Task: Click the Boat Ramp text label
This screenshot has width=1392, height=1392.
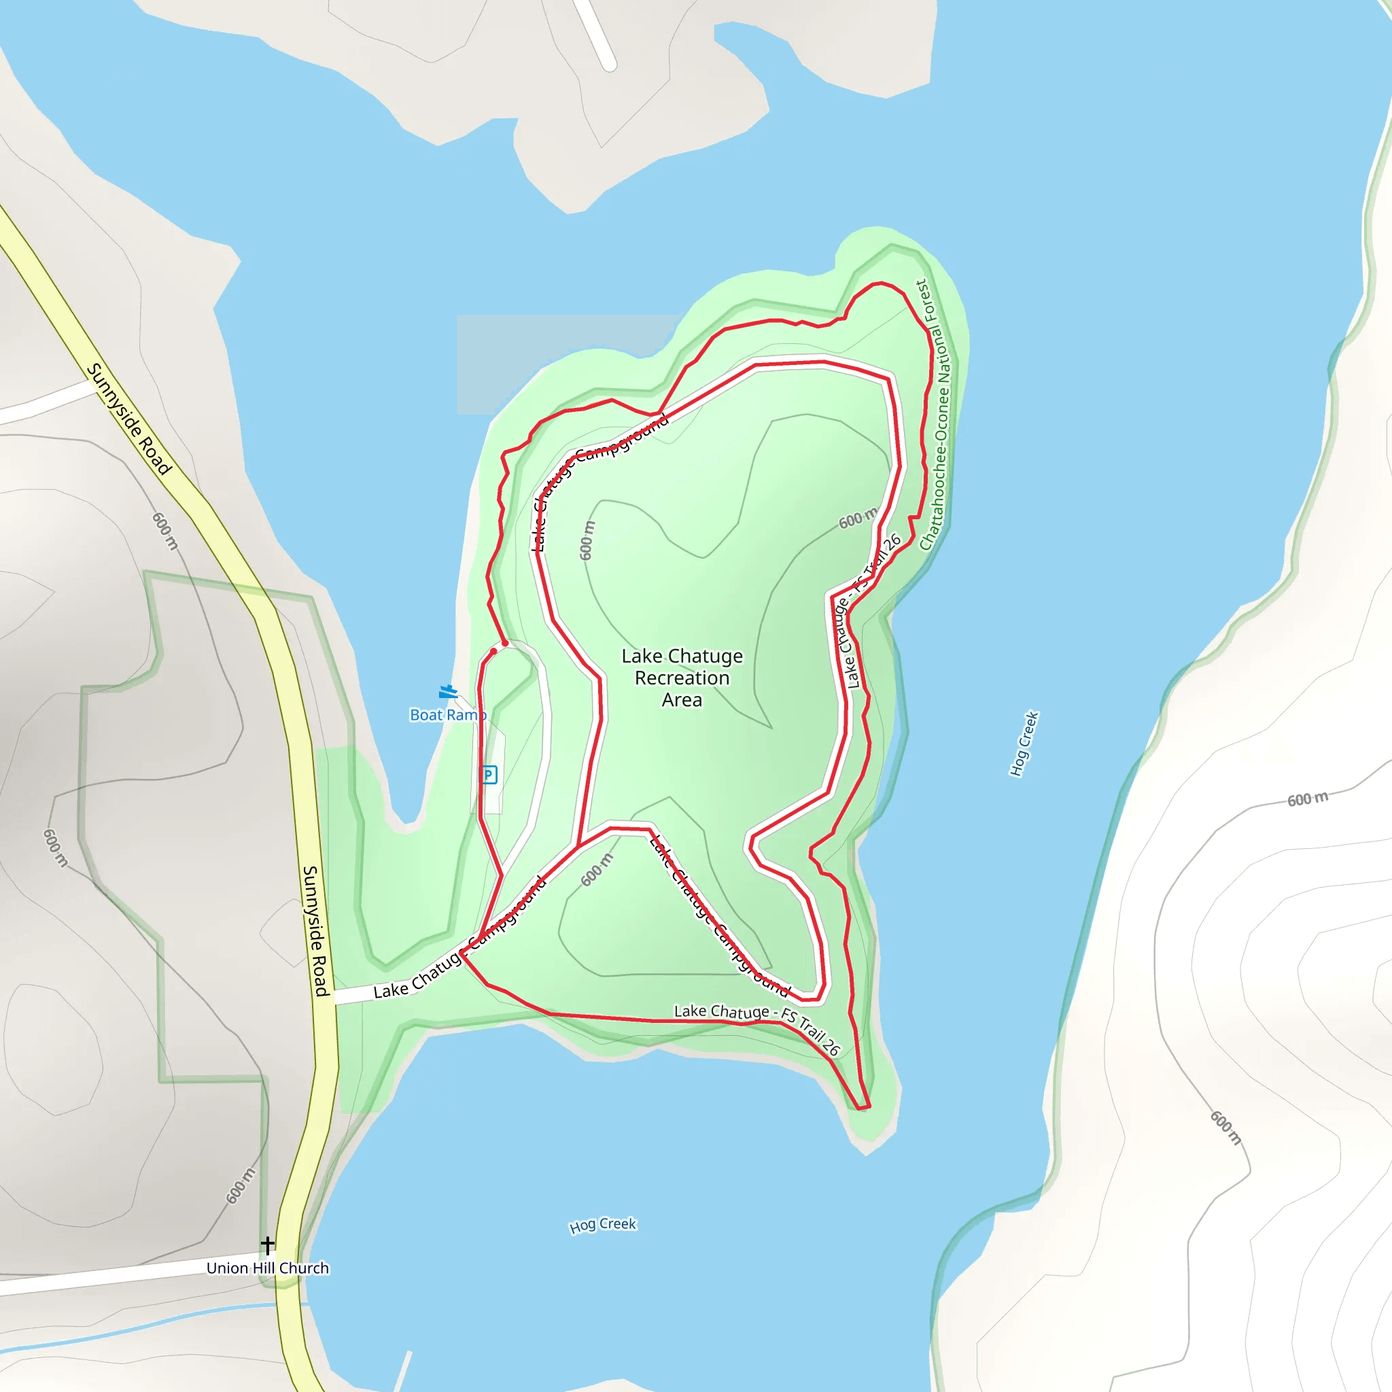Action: click(x=447, y=715)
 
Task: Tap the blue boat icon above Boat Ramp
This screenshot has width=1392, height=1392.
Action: click(x=448, y=693)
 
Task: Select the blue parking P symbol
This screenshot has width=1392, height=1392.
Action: click(x=489, y=775)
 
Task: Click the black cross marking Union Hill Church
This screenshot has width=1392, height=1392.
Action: click(x=267, y=1245)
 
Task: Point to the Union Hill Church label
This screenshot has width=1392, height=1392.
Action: click(x=267, y=1268)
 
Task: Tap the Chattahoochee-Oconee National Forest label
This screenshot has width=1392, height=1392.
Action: click(x=935, y=415)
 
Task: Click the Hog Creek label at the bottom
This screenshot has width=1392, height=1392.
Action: click(x=602, y=1225)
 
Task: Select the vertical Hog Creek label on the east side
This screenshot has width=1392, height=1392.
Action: click(x=1023, y=744)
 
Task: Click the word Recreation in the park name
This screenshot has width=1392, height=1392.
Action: click(x=682, y=678)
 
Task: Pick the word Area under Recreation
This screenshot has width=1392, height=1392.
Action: click(x=682, y=699)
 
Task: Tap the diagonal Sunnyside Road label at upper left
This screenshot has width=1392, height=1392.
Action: click(x=130, y=419)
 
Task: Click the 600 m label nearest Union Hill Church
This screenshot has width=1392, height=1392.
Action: click(x=241, y=1185)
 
